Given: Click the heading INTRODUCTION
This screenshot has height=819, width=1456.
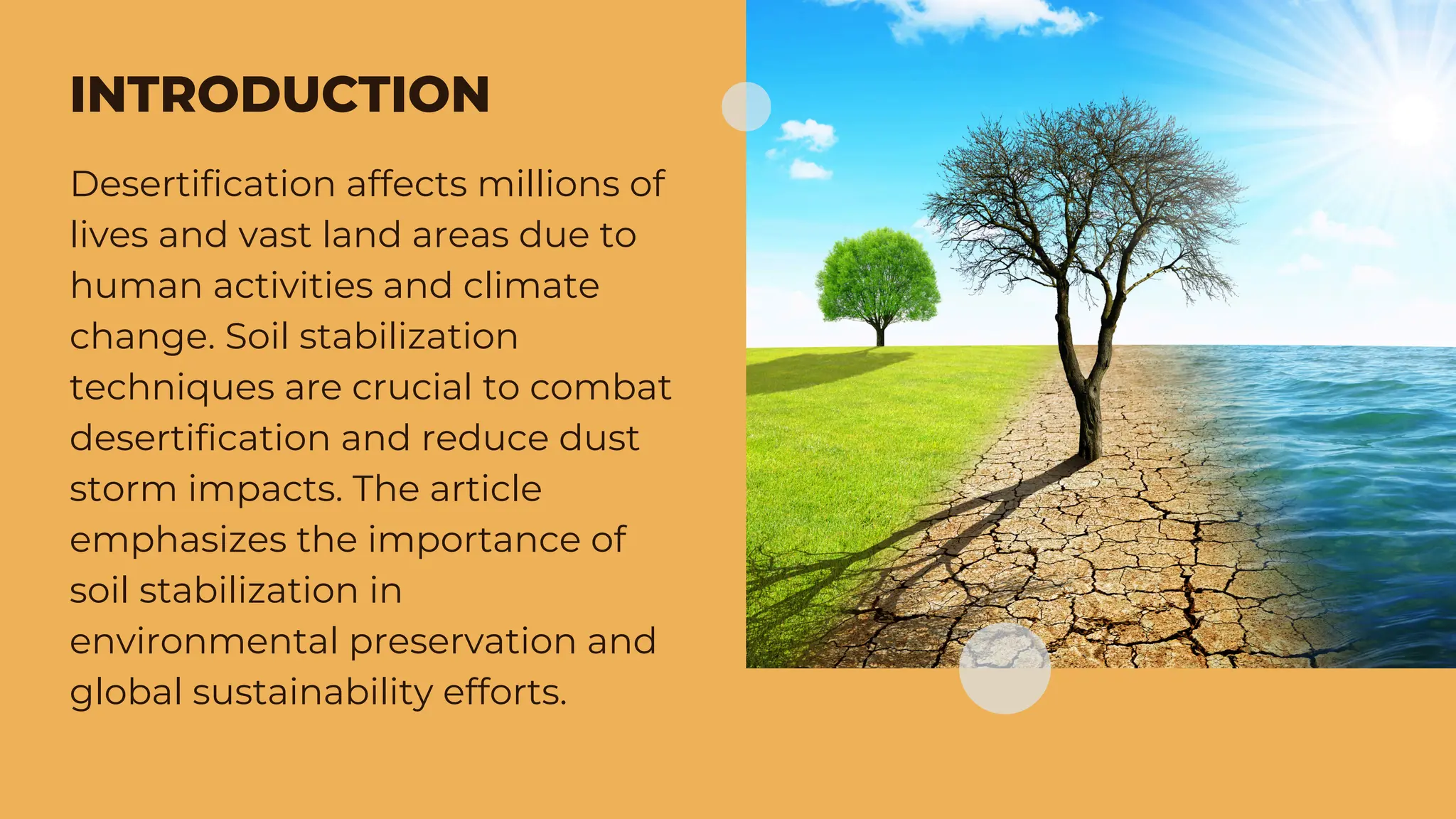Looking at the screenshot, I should click(279, 95).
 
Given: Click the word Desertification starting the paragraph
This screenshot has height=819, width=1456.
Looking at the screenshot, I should click(203, 184).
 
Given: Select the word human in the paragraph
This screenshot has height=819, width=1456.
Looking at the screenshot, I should click(136, 286).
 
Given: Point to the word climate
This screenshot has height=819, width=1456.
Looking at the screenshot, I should click(531, 286).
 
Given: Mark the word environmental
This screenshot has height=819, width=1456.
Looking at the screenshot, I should click(203, 641).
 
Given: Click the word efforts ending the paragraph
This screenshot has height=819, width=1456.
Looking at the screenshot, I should click(504, 692).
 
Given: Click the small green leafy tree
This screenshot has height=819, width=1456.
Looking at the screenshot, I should click(879, 277).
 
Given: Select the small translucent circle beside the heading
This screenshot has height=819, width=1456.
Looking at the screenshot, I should click(746, 107).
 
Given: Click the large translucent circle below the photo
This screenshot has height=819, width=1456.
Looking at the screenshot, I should click(1004, 668).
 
